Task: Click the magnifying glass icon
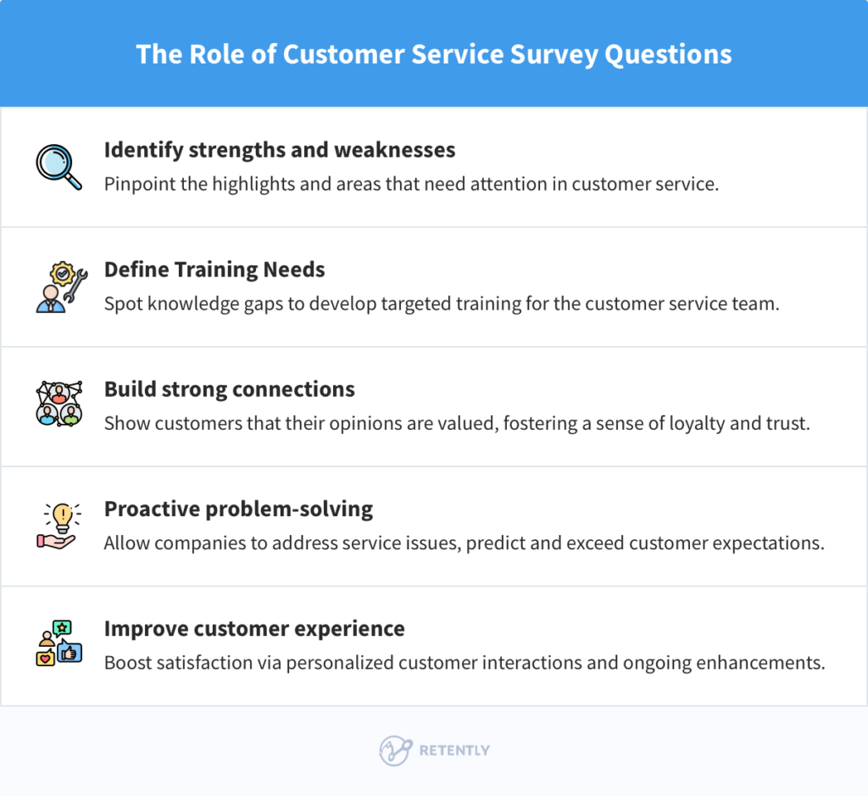[x=58, y=166]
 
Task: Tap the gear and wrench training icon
[x=58, y=287]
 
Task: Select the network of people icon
[x=58, y=405]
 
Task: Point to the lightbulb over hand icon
[x=58, y=526]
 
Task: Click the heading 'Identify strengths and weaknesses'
[x=280, y=150]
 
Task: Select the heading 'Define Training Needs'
[x=214, y=270]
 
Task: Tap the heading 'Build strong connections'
[x=230, y=389]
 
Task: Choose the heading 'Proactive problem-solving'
[x=238, y=509]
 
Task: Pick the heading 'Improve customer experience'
[x=254, y=629]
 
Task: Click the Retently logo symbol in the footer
[x=395, y=750]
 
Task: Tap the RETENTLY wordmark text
[x=454, y=750]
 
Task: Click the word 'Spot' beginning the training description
[x=122, y=303]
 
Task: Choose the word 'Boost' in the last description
[x=127, y=663]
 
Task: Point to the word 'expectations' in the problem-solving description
[x=768, y=543]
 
